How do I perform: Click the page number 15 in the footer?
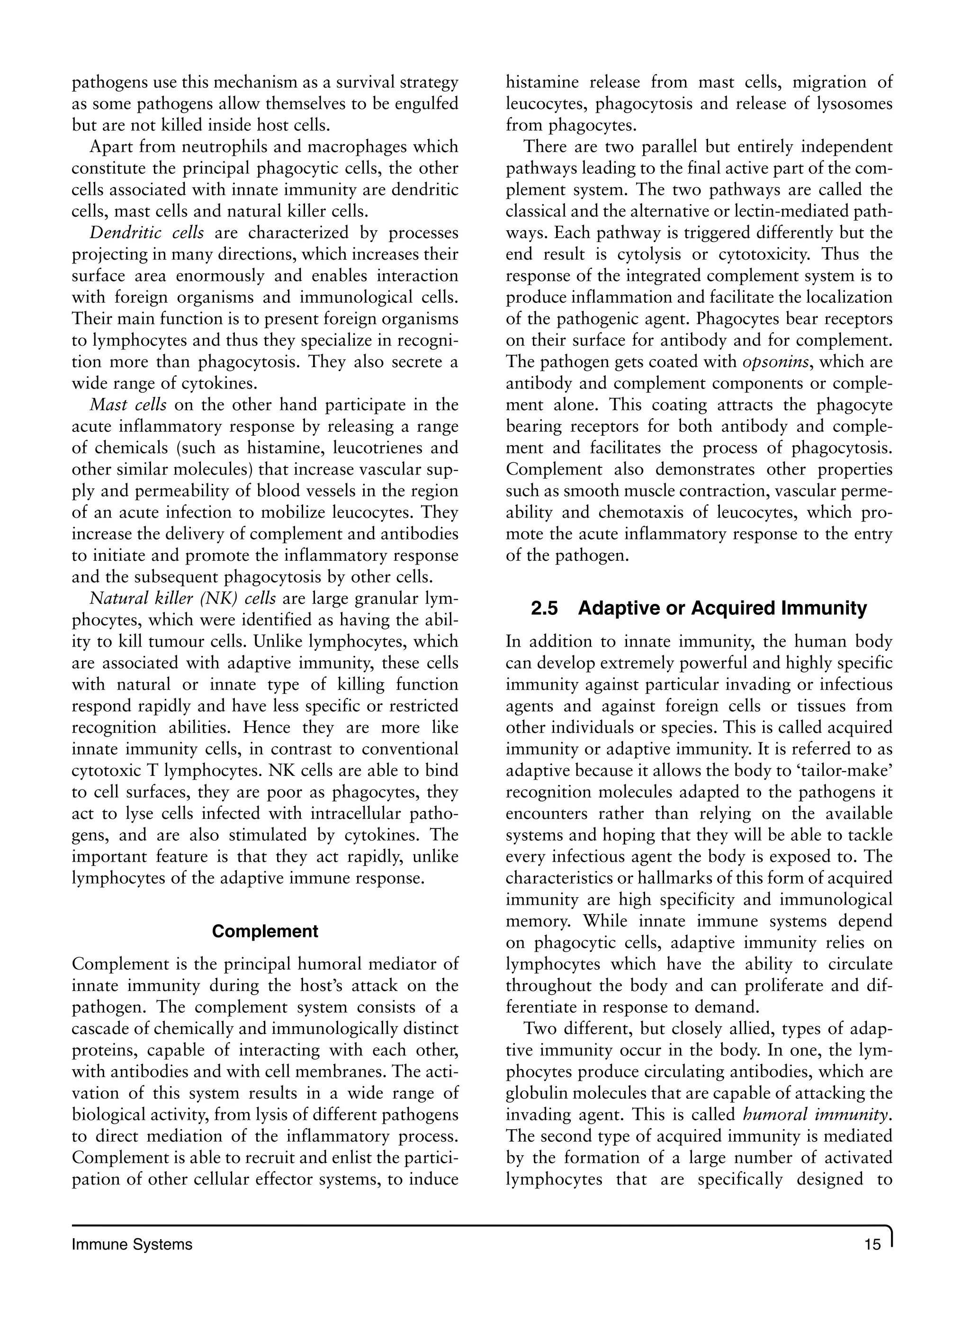coord(873,1244)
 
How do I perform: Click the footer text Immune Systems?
coord(132,1244)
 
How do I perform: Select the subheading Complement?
coord(265,932)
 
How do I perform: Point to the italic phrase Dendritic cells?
coord(146,233)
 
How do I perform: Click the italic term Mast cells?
coord(128,405)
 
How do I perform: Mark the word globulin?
coord(536,1093)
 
